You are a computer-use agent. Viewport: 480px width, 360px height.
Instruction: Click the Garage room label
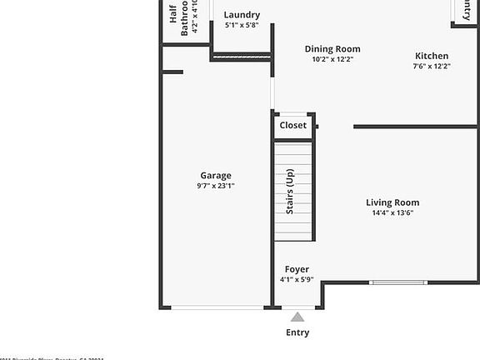pos(216,176)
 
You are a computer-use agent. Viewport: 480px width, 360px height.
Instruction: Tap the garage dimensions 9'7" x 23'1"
pos(216,186)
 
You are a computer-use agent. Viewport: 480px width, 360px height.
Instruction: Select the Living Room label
pos(392,202)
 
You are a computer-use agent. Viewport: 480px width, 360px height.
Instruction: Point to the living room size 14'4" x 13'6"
pos(392,212)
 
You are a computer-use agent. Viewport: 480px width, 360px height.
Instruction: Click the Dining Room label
pos(332,49)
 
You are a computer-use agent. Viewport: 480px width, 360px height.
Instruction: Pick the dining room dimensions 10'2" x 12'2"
pos(332,59)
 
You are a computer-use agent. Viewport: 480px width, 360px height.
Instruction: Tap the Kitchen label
pos(432,56)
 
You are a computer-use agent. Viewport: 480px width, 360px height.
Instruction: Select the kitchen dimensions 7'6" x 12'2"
pos(432,66)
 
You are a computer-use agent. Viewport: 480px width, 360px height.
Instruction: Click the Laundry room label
pos(242,15)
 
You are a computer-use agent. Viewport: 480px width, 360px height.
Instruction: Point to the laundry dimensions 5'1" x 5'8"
pos(242,25)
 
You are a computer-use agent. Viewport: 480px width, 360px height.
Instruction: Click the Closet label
pos(292,125)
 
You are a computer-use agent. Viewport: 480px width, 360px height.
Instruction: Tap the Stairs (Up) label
pos(290,192)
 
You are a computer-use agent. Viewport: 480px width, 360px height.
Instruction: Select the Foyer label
pos(297,269)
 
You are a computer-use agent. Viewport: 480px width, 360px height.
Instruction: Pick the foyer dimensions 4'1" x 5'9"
pos(297,279)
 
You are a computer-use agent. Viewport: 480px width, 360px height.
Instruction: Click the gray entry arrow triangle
pos(297,317)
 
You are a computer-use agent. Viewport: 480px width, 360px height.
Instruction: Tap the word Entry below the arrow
pos(297,332)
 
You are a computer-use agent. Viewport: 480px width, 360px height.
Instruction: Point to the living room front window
pos(398,282)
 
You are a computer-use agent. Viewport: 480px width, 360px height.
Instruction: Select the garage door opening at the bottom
pos(217,307)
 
